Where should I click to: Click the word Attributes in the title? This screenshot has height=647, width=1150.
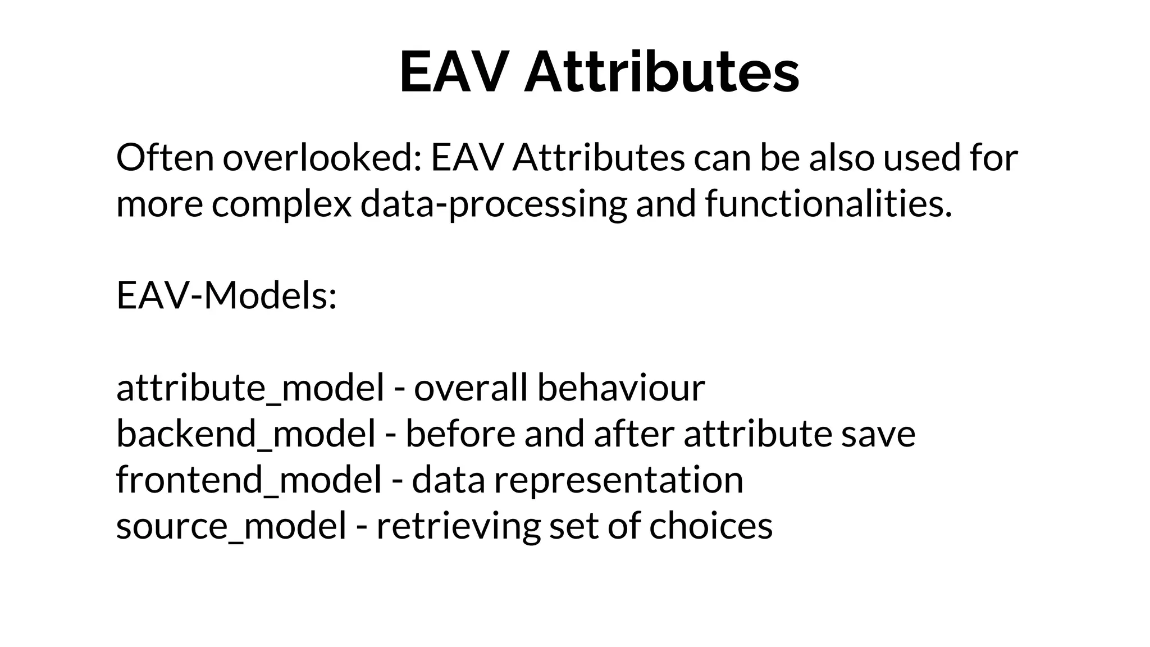pos(661,72)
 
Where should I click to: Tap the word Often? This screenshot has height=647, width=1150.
pos(165,158)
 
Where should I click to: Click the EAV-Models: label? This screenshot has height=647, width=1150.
pos(226,295)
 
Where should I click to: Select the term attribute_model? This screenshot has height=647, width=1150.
pos(250,388)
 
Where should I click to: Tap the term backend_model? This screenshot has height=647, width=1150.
pos(246,434)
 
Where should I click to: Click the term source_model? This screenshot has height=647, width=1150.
pos(231,526)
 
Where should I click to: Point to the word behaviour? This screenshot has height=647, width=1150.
pos(620,388)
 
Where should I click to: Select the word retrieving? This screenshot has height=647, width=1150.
pos(458,526)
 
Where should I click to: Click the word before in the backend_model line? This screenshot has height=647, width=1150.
pos(460,434)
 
